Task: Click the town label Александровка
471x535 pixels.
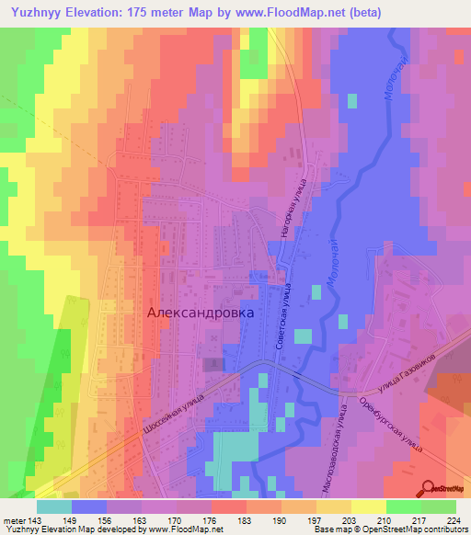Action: (x=201, y=312)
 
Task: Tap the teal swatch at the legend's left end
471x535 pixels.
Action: (x=53, y=507)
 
